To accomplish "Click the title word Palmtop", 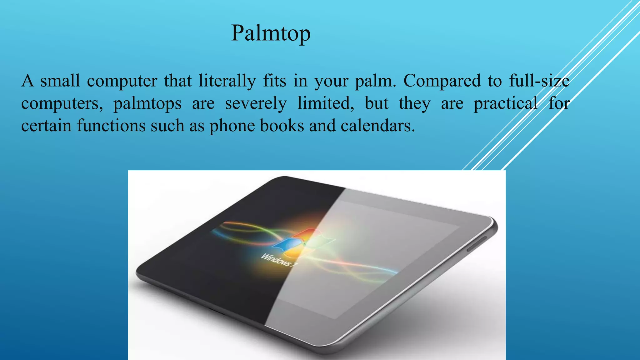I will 271,33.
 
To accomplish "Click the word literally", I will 227,81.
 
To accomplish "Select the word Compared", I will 442,81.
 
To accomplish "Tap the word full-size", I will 539,81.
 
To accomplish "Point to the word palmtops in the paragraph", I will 147,104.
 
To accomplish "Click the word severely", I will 256,104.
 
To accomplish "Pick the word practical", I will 506,104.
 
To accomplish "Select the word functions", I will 111,126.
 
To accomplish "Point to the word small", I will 60,81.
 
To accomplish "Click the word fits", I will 274,81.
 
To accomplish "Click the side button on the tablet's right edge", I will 477,244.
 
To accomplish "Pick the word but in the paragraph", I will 377,103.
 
